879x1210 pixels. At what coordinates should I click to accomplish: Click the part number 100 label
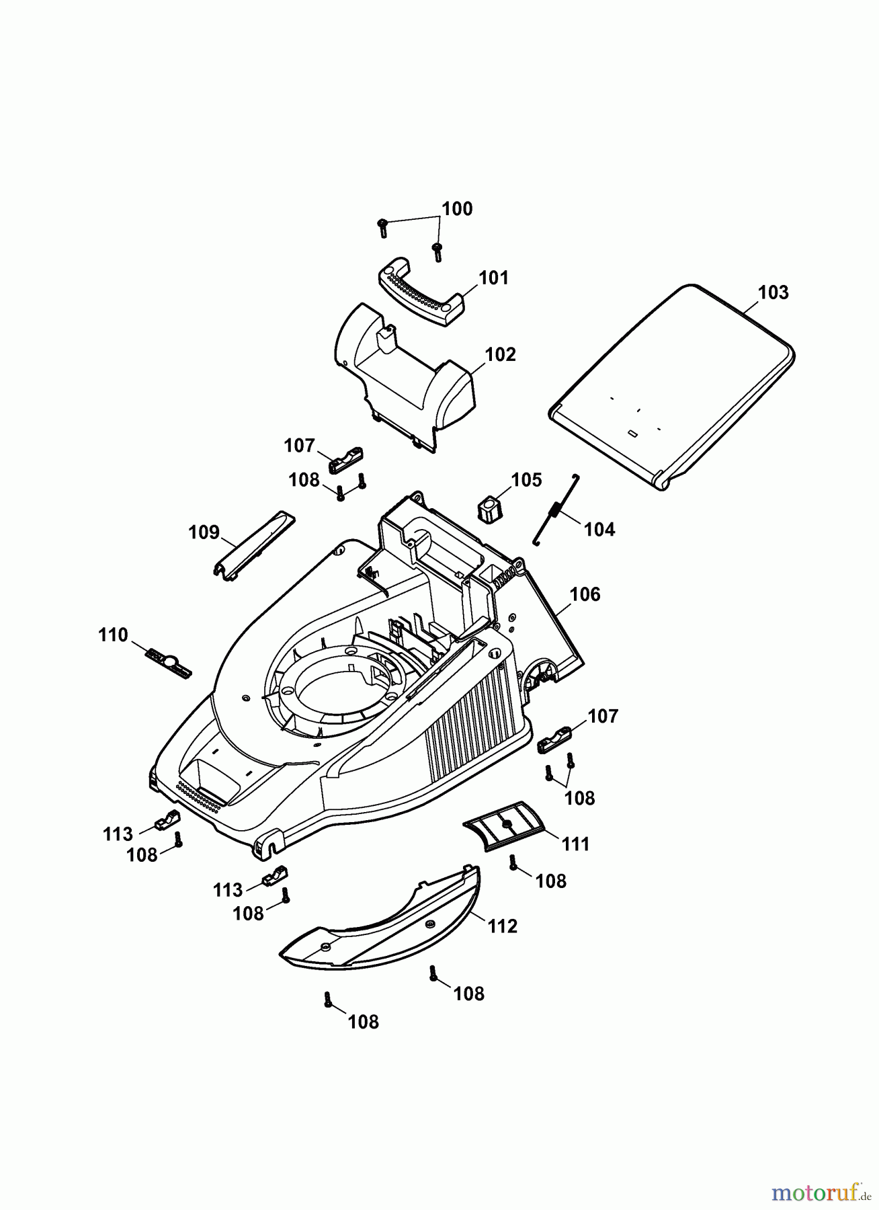[x=457, y=209]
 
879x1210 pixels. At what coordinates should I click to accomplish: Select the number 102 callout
[x=500, y=354]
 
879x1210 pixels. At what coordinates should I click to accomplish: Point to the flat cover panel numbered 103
[x=672, y=387]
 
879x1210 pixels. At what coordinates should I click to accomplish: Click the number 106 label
[x=585, y=594]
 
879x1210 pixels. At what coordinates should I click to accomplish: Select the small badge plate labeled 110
[x=169, y=662]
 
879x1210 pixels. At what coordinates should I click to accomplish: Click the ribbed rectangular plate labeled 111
[x=505, y=825]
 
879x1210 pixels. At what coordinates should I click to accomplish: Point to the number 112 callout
[x=503, y=926]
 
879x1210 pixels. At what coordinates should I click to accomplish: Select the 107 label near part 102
[x=299, y=446]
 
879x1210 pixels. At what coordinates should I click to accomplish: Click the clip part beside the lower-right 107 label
[x=554, y=739]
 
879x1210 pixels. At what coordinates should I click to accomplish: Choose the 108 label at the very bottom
[x=363, y=1022]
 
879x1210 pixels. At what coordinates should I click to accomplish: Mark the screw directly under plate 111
[x=513, y=862]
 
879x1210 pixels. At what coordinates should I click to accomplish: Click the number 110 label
[x=112, y=635]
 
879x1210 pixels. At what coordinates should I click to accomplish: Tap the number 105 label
[x=526, y=480]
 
